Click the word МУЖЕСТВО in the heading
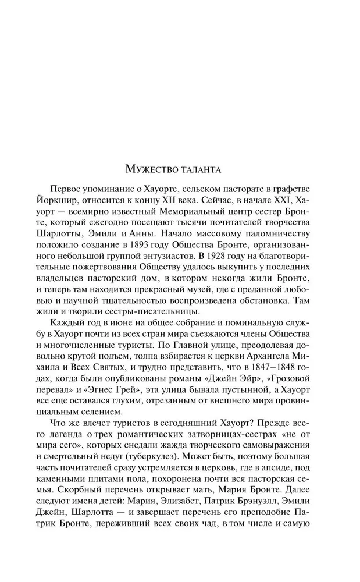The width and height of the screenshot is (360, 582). pos(153,170)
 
